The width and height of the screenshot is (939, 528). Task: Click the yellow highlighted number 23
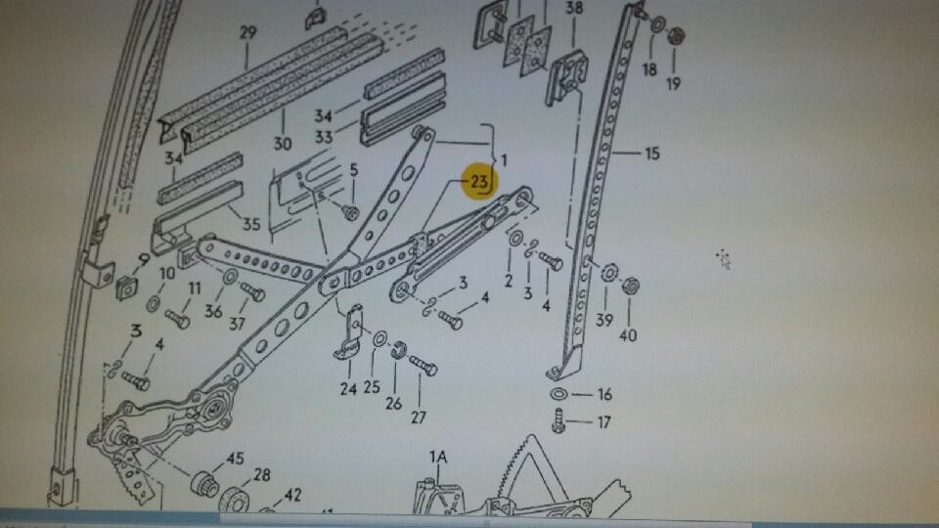480,181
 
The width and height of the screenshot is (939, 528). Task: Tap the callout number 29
247,32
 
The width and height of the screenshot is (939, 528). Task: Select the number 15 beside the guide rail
652,154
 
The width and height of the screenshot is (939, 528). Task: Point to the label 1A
438,458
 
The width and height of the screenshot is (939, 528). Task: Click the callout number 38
574,8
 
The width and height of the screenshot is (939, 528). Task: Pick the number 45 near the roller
235,459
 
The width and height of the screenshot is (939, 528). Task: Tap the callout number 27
418,418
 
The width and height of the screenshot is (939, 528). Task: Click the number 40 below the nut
628,335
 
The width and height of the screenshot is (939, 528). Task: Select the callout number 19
674,84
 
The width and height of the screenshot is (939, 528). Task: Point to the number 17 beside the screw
604,422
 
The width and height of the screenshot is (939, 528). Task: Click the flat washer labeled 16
559,394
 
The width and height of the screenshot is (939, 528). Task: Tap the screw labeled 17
559,420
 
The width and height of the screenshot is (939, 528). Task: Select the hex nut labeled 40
630,285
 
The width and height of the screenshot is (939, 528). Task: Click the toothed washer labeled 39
609,273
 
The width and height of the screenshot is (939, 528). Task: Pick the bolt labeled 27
424,365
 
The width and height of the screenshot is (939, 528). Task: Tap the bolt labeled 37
252,291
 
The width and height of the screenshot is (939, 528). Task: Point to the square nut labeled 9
126,287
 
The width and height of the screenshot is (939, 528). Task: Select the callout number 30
282,144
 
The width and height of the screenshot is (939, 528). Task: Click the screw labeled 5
350,211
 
